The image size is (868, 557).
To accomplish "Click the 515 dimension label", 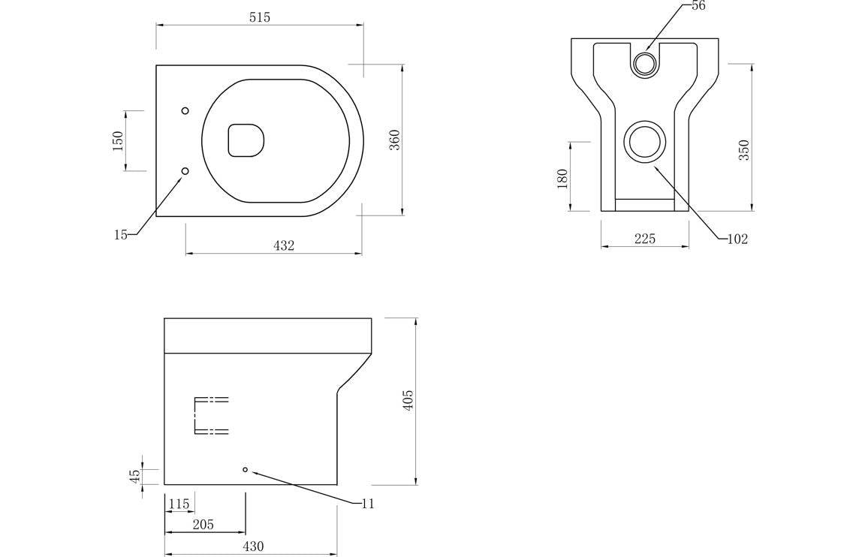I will pyautogui.click(x=260, y=17).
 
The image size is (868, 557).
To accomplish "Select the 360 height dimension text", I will pyautogui.click(x=394, y=140).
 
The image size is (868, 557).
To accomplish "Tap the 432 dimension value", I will pyautogui.click(x=284, y=245).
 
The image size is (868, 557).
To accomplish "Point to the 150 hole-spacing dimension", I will pyautogui.click(x=118, y=140).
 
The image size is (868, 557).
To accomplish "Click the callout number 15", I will pyautogui.click(x=120, y=235).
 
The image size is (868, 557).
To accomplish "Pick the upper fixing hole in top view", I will pyautogui.click(x=185, y=111).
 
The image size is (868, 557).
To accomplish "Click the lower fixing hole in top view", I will pyautogui.click(x=185, y=171).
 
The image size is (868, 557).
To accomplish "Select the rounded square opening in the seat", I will pyautogui.click(x=246, y=140).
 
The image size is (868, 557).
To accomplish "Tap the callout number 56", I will pyautogui.click(x=698, y=6).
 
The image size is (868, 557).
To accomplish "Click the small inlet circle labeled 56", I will pyautogui.click(x=644, y=64).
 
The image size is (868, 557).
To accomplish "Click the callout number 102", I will pyautogui.click(x=737, y=239).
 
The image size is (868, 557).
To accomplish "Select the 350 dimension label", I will pyautogui.click(x=744, y=150).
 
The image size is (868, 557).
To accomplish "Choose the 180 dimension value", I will pyautogui.click(x=562, y=179).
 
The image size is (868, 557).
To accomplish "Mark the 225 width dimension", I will pyautogui.click(x=645, y=239).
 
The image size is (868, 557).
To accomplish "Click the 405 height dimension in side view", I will pyautogui.click(x=408, y=400).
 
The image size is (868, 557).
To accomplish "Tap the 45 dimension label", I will pyautogui.click(x=135, y=476).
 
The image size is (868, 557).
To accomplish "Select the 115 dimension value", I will pyautogui.click(x=179, y=504).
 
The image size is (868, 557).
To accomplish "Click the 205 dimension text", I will pyautogui.click(x=203, y=524).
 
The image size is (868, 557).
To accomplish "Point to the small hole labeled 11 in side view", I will pyautogui.click(x=245, y=469).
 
